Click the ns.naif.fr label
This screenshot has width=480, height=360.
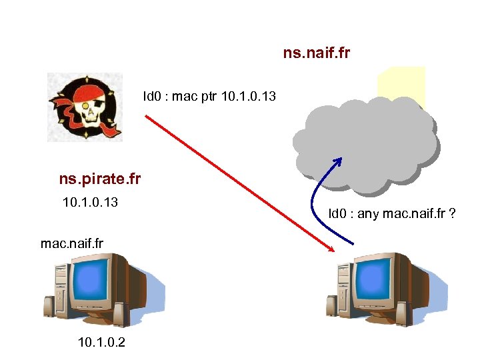click(x=317, y=52)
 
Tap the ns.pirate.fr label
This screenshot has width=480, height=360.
click(x=100, y=179)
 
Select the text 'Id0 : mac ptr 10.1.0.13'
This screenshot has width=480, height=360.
click(x=209, y=97)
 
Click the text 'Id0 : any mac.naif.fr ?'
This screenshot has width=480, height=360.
click(x=392, y=214)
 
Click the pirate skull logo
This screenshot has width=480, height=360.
click(x=85, y=107)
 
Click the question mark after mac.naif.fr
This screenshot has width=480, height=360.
click(x=452, y=214)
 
